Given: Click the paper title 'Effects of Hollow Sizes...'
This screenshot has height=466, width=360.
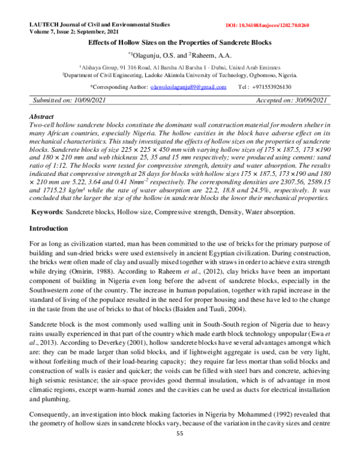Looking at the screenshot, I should click(x=180, y=43).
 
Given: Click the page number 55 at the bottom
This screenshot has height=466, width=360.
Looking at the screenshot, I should click(x=180, y=450).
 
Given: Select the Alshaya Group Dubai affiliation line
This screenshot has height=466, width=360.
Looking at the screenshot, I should click(x=180, y=68).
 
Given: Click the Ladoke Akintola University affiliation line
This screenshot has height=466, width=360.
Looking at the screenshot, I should click(x=180, y=76).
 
